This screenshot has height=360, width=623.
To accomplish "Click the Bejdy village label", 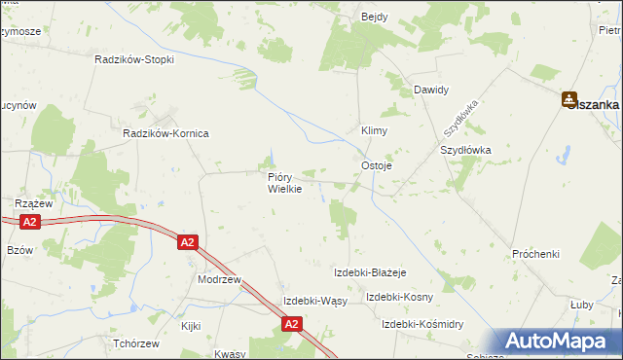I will pos(375,18).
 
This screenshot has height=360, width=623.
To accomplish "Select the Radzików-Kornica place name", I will pos(165,132).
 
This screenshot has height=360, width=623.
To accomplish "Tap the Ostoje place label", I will pos(377,165).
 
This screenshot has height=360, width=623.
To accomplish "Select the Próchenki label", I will pos(536,254).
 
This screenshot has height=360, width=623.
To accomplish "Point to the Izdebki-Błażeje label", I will pos(369,272).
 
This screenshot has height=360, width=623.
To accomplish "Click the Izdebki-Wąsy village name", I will pos(314,301).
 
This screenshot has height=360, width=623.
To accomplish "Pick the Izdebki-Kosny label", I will pos(399,297).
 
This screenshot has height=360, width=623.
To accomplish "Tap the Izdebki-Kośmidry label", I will pos(422,323).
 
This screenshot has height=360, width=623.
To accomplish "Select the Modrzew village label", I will pos(217,278).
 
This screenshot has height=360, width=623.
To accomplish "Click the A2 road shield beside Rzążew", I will pos(29,223).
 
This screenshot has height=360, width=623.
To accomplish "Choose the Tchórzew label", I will pos(135,344).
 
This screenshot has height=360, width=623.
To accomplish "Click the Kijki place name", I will pos(190,326).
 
